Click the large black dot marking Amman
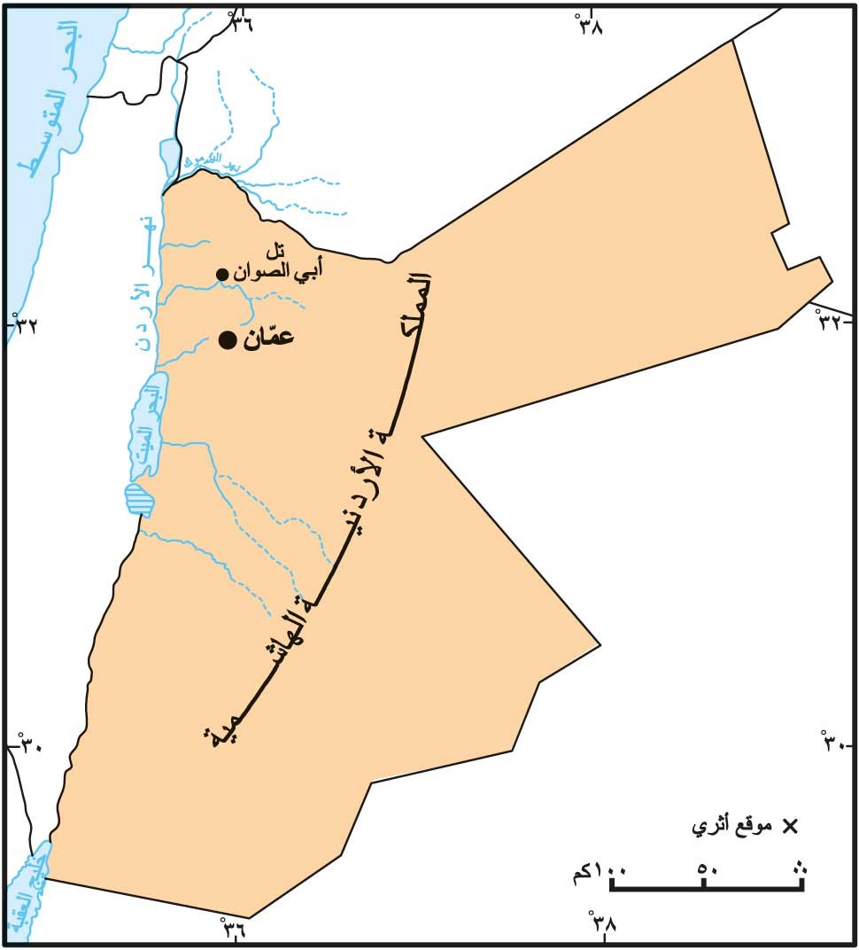coord(228,340)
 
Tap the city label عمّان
coord(267,339)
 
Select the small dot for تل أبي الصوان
coord(222,274)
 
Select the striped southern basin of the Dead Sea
coord(140,500)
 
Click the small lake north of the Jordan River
coord(169,156)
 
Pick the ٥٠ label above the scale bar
coord(706,868)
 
